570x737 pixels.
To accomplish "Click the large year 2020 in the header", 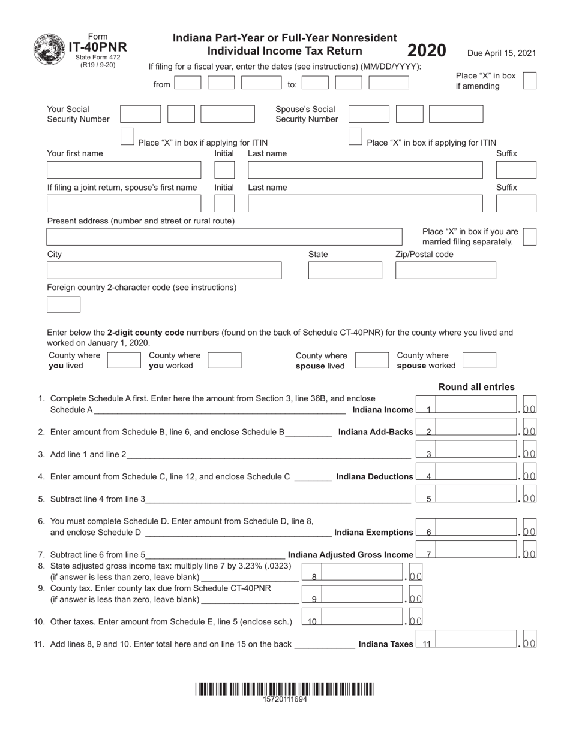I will [x=427, y=50].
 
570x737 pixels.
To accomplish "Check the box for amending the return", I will [x=529, y=80].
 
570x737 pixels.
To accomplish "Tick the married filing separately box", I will [x=529, y=237].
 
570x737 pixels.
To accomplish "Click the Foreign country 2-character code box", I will [x=64, y=304].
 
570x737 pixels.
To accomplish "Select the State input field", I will [x=344, y=270].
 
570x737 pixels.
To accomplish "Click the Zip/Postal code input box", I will [x=445, y=270].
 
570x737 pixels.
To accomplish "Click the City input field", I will [x=164, y=270].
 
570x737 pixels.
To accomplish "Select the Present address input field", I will [x=224, y=237].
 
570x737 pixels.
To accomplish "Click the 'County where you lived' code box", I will [x=124, y=360].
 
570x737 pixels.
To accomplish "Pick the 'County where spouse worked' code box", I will [x=479, y=360].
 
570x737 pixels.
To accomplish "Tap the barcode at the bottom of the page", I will [x=284, y=689].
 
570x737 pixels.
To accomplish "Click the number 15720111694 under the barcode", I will [x=284, y=699].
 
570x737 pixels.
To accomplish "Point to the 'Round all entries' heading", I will [x=476, y=387].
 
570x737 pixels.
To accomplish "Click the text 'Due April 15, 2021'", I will [x=502, y=53].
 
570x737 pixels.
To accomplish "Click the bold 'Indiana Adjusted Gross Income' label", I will [x=350, y=555].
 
